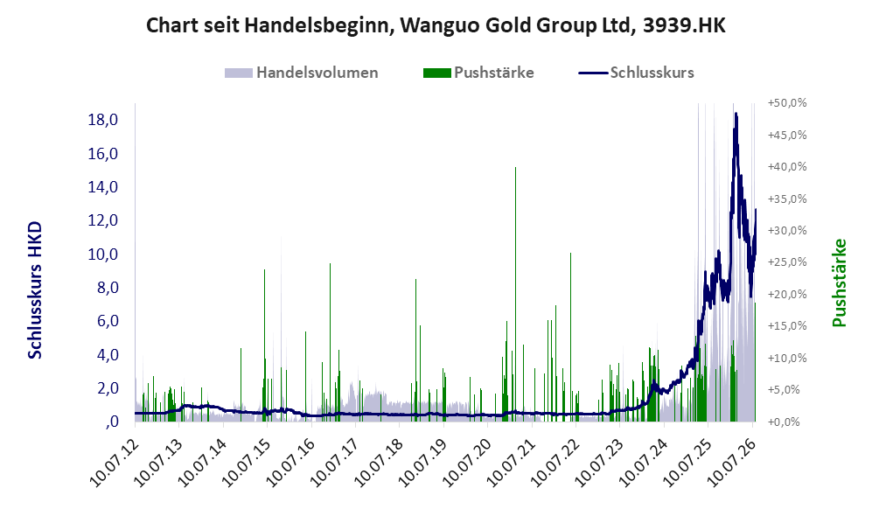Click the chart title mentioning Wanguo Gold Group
pyautogui.click(x=436, y=25)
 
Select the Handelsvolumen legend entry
pyautogui.click(x=302, y=73)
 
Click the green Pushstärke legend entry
pyautogui.click(x=478, y=73)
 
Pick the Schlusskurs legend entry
pyautogui.click(x=636, y=73)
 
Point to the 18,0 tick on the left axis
pyautogui.click(x=103, y=120)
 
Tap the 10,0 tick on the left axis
pyautogui.click(x=103, y=255)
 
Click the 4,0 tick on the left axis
pyautogui.click(x=108, y=355)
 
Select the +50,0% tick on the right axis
pyautogui.click(x=787, y=103)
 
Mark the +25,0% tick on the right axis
pyautogui.click(x=787, y=261)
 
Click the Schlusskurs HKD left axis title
pyautogui.click(x=34, y=290)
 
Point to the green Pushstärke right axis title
pyautogui.click(x=839, y=282)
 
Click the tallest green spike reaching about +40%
pyautogui.click(x=515, y=294)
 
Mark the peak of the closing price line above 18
pyautogui.click(x=736, y=114)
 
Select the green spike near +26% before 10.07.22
pyautogui.click(x=570, y=337)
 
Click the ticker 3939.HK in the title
pyautogui.click(x=684, y=25)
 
